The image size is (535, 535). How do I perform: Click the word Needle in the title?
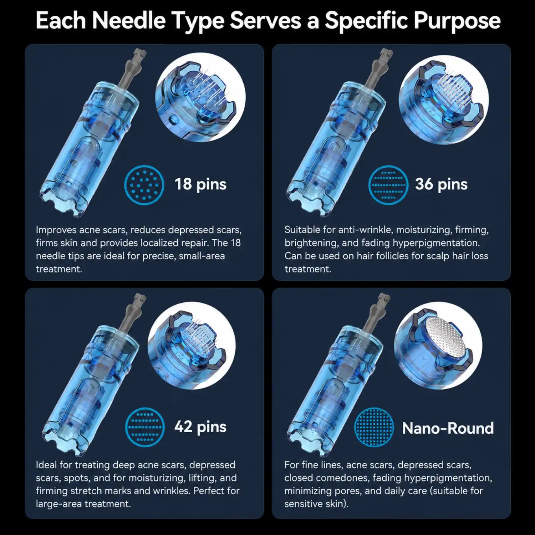[129, 20]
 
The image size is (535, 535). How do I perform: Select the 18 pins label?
[200, 184]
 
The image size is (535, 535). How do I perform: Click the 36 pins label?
[441, 184]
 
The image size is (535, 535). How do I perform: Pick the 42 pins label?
[200, 427]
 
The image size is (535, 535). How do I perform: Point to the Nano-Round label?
[448, 428]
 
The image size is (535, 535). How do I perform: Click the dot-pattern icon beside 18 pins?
[144, 185]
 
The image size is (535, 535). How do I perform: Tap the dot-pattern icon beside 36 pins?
[388, 185]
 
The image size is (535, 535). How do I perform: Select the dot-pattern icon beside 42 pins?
[145, 427]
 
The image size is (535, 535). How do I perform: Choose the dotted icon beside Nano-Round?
[374, 427]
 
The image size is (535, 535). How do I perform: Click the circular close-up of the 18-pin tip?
[200, 97]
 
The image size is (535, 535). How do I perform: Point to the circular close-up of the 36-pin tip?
[444, 100]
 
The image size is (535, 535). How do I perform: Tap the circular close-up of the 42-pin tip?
[192, 345]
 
